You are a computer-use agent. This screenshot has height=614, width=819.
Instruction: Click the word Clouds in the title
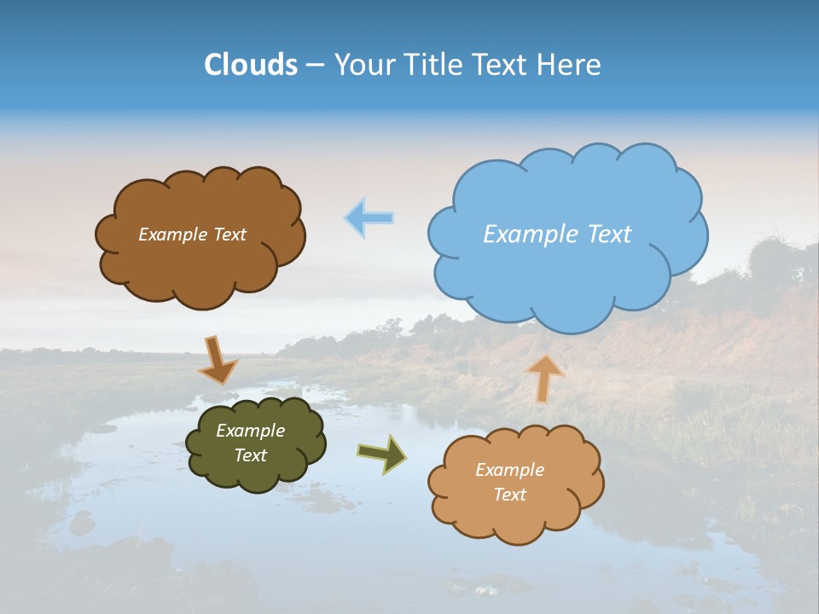(251, 65)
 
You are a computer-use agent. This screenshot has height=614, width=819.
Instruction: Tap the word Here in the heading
(569, 65)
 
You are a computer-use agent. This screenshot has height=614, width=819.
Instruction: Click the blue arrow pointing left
(369, 217)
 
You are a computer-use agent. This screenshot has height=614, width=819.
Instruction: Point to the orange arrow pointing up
(544, 378)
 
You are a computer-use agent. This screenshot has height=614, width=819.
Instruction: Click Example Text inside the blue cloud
(557, 234)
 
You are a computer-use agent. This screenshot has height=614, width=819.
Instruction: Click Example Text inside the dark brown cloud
(192, 235)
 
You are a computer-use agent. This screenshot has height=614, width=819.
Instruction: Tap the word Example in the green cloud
(250, 431)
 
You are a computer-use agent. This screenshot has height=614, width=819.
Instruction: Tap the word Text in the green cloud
(250, 455)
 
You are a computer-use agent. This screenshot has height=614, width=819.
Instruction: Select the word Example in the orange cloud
(509, 470)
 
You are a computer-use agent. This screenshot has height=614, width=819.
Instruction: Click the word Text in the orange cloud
(509, 495)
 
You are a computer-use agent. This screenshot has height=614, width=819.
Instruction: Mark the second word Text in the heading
(505, 65)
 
